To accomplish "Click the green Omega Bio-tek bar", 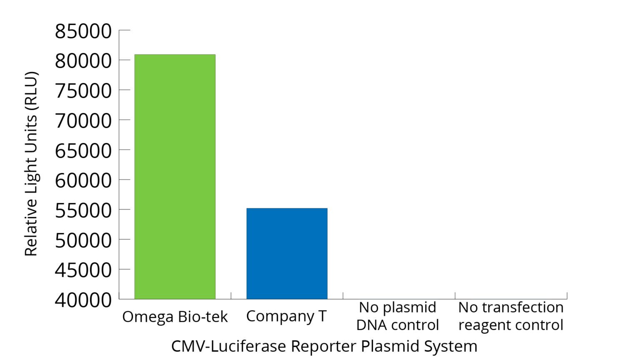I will pyautogui.click(x=175, y=177).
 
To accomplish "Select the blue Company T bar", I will pyautogui.click(x=287, y=253).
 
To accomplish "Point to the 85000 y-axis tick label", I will pyautogui.click(x=83, y=31).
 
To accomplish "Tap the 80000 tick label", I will pyautogui.click(x=83, y=61).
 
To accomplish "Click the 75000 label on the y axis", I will pyautogui.click(x=83, y=91).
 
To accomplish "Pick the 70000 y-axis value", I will pyautogui.click(x=83, y=121).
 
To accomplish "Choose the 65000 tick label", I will pyautogui.click(x=83, y=151).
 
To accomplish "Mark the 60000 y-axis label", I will pyautogui.click(x=83, y=180).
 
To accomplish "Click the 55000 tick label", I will pyautogui.click(x=83, y=210).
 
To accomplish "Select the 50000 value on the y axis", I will pyautogui.click(x=83, y=240).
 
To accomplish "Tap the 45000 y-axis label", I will pyautogui.click(x=83, y=270).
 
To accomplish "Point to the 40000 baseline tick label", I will pyautogui.click(x=83, y=300).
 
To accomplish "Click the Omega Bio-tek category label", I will pyautogui.click(x=175, y=317).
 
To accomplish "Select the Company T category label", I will pyautogui.click(x=286, y=316).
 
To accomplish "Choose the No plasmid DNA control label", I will pyautogui.click(x=397, y=316).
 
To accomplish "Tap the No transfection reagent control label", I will pyautogui.click(x=511, y=316).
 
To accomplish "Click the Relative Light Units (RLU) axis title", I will pyautogui.click(x=31, y=164).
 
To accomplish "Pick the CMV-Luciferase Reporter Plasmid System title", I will pyautogui.click(x=324, y=346).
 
